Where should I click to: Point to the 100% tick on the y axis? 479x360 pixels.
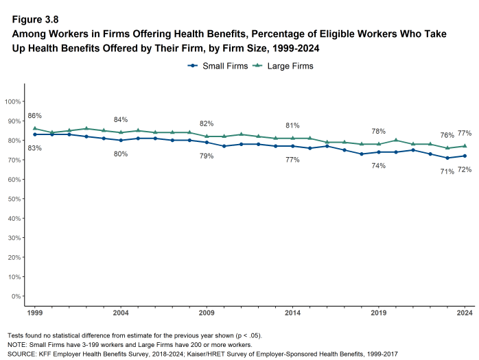[13, 101]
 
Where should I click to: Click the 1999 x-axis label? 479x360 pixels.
[35, 313]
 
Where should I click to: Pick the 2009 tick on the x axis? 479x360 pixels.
[207, 313]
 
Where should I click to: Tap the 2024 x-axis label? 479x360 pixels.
[465, 313]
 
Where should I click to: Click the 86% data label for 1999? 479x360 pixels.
[35, 116]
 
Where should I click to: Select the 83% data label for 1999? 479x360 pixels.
[35, 148]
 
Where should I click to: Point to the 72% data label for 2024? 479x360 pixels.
[465, 169]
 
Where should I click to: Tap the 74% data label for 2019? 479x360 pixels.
[378, 166]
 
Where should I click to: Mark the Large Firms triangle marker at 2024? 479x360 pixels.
[465, 146]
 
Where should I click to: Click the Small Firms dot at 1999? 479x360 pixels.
[35, 134]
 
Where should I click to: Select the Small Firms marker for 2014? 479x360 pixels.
[292, 146]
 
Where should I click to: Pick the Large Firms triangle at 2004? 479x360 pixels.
[121, 132]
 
